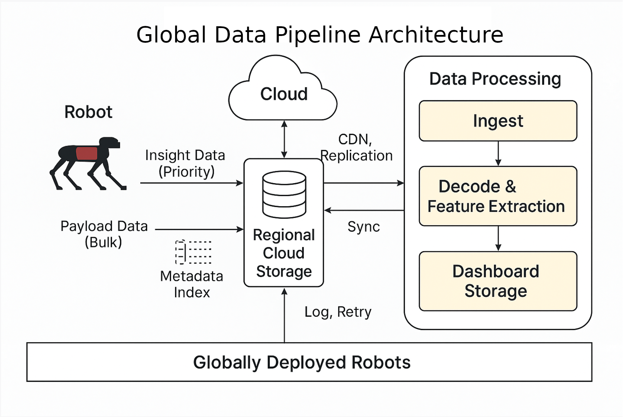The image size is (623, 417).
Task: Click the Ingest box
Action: [x=498, y=121]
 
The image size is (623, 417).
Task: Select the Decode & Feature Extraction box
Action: [x=498, y=196]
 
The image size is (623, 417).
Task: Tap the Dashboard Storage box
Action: [x=498, y=281]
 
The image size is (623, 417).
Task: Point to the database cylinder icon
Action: [x=284, y=194]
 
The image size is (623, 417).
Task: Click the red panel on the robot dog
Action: [x=87, y=154]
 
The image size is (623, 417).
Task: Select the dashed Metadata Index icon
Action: [x=193, y=252]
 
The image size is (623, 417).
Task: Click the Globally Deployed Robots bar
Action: [x=309, y=362]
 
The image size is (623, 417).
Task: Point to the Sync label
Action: [x=363, y=227]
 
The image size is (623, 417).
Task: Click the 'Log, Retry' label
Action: [x=338, y=312]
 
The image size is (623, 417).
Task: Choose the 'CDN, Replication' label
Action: [x=356, y=148]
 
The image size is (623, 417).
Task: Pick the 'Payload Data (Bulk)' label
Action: [x=104, y=234]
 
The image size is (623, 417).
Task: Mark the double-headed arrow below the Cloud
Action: [x=284, y=139]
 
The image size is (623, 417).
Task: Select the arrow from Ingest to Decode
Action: [x=498, y=154]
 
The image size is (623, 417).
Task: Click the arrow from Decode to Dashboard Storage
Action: [x=498, y=239]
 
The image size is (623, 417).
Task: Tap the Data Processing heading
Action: [x=495, y=79]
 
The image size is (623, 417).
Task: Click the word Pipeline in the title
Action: [x=318, y=35]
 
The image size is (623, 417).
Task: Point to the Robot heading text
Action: [x=88, y=112]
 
